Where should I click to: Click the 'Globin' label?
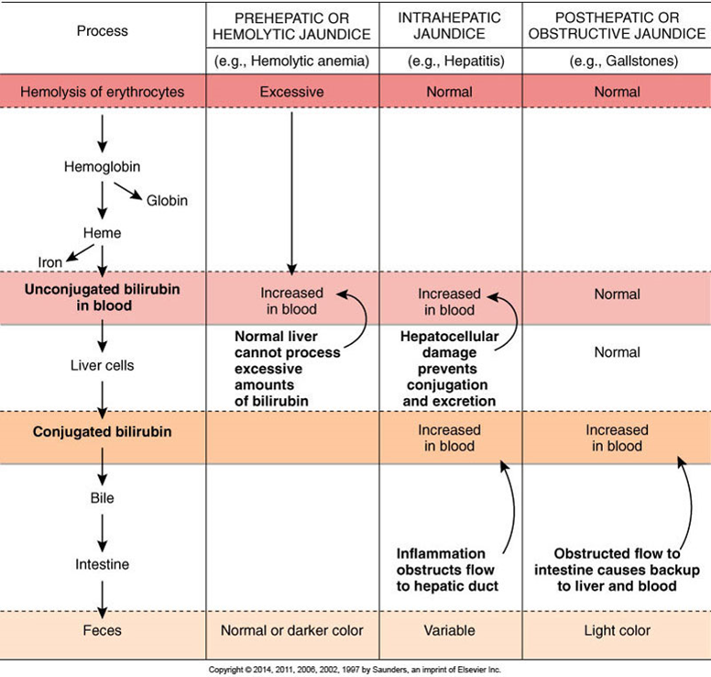[167, 200]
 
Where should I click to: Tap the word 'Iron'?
[49, 262]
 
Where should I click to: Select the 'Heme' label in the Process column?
[102, 233]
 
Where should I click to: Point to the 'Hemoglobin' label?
[102, 167]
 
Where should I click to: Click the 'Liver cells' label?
[102, 365]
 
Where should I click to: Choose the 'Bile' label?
[102, 498]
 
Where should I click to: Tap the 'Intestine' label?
[102, 564]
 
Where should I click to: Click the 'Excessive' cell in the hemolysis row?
[291, 92]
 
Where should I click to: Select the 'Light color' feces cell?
[618, 630]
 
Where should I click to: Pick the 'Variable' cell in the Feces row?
[449, 630]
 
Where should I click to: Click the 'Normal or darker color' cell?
[292, 630]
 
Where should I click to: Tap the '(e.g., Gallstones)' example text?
[624, 61]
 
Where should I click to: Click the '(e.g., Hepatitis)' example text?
[455, 61]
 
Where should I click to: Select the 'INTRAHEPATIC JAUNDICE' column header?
[449, 26]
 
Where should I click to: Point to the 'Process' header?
[102, 31]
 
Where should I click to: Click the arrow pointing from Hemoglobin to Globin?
[128, 191]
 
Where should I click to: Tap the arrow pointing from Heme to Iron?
[80, 253]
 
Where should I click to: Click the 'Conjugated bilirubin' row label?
[102, 431]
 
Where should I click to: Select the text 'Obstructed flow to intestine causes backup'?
[618, 561]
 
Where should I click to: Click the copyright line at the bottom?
[355, 670]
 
